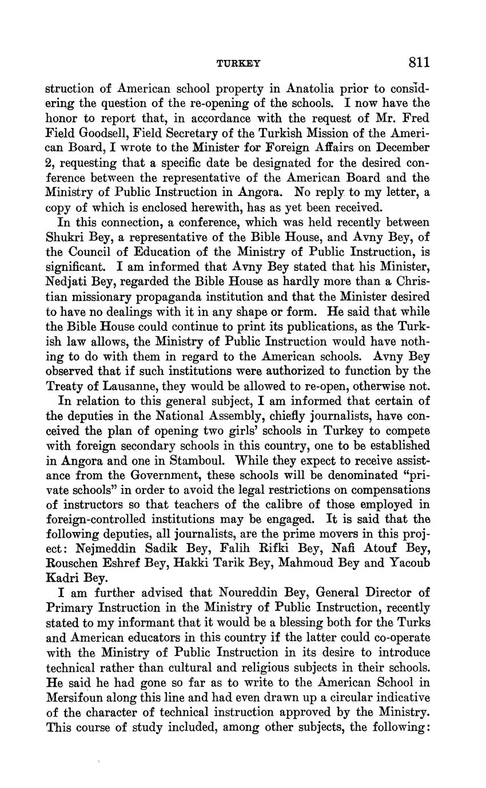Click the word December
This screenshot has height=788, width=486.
coord(399,148)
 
